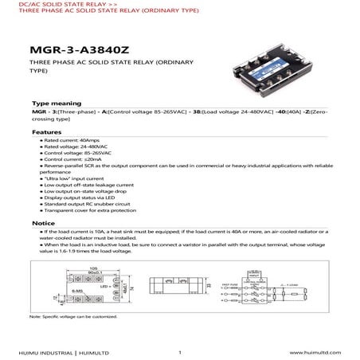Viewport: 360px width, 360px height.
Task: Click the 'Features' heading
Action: click(x=45, y=130)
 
